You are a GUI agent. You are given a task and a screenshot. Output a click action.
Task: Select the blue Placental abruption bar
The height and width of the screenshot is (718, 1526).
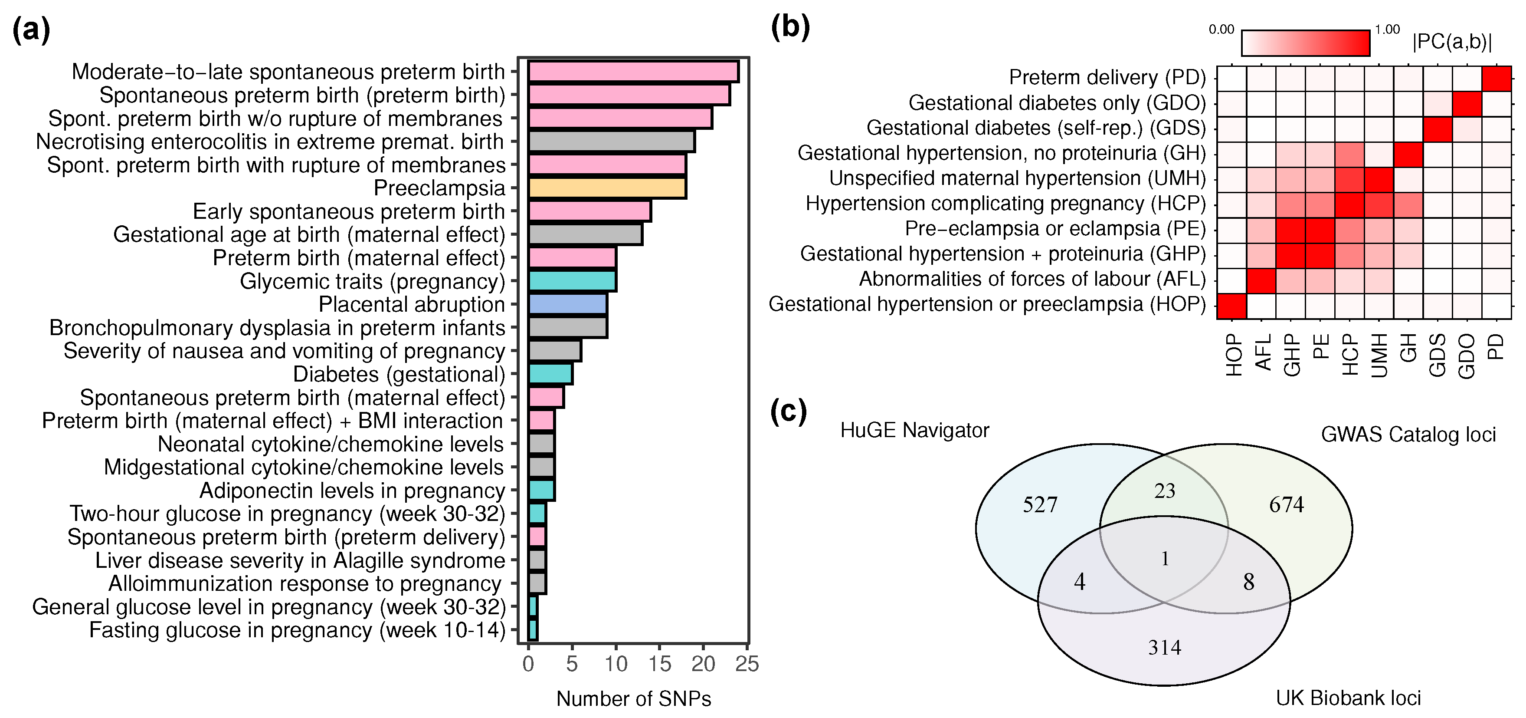pos(567,304)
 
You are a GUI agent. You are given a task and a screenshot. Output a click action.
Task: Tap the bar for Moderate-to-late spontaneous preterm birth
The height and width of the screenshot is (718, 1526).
pos(633,72)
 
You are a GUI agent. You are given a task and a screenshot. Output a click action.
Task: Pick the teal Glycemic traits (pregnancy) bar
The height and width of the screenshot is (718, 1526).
pos(572,281)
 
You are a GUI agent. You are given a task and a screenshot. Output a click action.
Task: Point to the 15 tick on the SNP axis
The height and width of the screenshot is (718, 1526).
pos(659,664)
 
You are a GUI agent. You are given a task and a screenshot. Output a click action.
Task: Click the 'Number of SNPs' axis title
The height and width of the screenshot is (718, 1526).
pos(633,699)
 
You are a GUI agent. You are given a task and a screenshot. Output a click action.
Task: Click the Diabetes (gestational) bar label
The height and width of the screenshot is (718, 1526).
pos(399,374)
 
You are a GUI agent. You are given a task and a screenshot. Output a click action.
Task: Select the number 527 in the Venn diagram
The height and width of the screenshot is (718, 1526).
pos(1040,504)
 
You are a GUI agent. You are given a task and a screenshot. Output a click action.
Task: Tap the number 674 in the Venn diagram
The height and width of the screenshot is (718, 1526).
pos(1286,504)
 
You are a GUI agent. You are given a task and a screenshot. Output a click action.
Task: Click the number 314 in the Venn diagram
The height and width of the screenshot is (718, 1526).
pos(1164,647)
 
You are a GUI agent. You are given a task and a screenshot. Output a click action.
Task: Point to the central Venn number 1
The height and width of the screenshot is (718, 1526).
pos(1165,559)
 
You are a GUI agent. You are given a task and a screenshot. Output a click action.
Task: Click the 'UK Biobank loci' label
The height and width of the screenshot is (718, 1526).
pos(1348,698)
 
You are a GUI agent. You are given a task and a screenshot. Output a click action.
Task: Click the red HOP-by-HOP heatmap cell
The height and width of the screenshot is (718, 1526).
pos(1231,306)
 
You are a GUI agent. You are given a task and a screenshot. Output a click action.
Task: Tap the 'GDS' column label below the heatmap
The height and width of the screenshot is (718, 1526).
pos(1438,355)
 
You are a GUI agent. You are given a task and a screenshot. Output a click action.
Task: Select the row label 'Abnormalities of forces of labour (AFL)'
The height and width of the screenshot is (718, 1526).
pos(1032,279)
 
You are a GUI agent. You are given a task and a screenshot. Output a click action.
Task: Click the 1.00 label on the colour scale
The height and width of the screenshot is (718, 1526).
pos(1387,30)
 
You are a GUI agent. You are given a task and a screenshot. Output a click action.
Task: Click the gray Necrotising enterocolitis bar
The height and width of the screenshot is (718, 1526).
pos(611,142)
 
